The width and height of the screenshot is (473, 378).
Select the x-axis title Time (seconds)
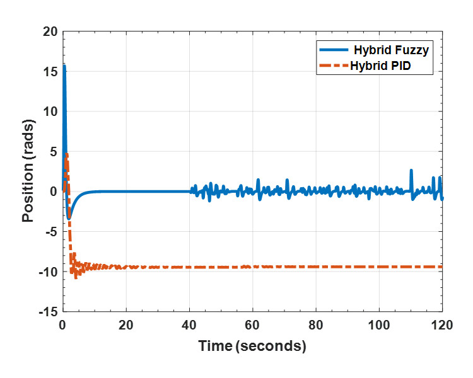252,346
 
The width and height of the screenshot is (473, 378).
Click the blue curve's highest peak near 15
64,66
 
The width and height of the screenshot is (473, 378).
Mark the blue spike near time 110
411,170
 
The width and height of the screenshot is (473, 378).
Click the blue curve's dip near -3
69,218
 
